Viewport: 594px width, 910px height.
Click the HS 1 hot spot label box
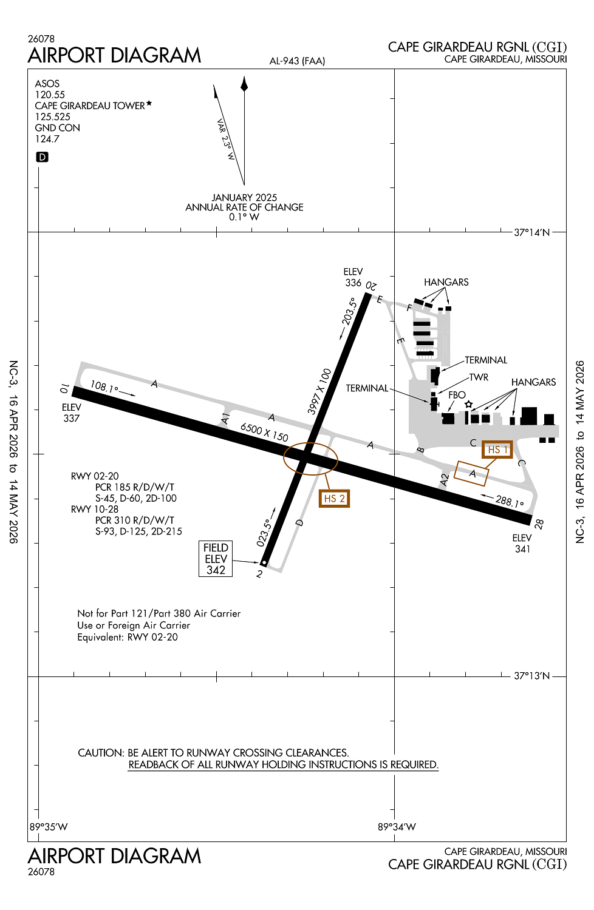coord(497,450)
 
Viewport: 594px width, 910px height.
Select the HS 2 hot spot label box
coord(334,499)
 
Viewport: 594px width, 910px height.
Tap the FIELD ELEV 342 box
coord(216,559)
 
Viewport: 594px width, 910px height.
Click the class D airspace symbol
coord(42,157)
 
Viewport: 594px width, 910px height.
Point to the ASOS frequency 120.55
coord(50,95)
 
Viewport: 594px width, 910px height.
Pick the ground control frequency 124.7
coord(47,139)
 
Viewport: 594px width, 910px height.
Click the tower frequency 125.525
coord(53,116)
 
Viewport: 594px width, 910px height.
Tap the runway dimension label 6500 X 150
coord(264,432)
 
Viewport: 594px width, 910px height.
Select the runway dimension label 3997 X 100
coord(319,391)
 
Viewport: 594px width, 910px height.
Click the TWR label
coord(479,377)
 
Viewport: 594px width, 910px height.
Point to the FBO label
coord(457,395)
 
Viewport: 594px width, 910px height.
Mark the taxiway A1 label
coord(225,418)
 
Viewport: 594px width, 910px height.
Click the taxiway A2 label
coord(445,480)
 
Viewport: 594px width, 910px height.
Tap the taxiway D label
coord(299,522)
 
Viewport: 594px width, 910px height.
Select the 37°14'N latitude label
coord(531,232)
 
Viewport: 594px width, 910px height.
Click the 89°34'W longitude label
coord(397,827)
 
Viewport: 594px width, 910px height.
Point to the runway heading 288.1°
coord(509,501)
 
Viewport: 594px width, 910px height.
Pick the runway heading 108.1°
coord(104,387)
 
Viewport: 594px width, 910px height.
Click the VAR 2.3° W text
coord(226,139)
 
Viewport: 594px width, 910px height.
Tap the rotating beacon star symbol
coord(468,404)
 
